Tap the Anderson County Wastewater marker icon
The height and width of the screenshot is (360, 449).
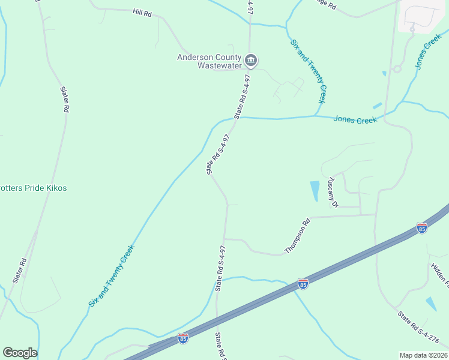point(252,60)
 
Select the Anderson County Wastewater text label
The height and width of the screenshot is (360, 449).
point(209,61)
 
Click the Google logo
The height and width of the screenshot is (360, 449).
point(20,353)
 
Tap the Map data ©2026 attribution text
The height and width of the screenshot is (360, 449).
point(423,355)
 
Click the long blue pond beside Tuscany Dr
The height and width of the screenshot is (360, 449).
point(315,190)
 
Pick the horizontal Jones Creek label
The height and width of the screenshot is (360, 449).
point(355,120)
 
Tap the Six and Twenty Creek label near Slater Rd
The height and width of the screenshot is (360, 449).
point(111,275)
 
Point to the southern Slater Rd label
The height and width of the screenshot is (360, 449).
point(20,271)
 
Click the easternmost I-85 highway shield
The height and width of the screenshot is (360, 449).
point(421,228)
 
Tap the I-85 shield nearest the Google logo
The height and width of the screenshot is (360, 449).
point(183,339)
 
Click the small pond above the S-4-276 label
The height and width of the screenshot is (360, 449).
point(431,304)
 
